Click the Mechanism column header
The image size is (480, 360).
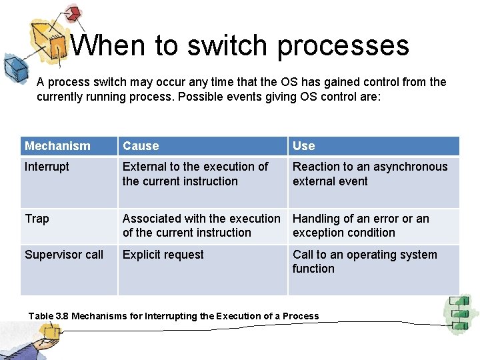tap(57, 146)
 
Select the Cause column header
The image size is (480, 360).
tap(141, 146)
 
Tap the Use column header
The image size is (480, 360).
tap(303, 146)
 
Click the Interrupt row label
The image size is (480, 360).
tap(47, 167)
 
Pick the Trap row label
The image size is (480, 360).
tap(37, 219)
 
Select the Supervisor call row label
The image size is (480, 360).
tap(64, 255)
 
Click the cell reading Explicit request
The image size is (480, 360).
tap(163, 255)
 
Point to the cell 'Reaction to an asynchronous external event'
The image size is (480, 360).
tap(370, 174)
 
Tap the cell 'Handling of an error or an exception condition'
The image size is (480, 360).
tap(361, 226)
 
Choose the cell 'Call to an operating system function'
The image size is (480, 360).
tap(365, 261)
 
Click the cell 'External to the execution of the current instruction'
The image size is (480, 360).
tap(195, 174)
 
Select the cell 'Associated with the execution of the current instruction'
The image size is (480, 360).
tap(201, 226)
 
